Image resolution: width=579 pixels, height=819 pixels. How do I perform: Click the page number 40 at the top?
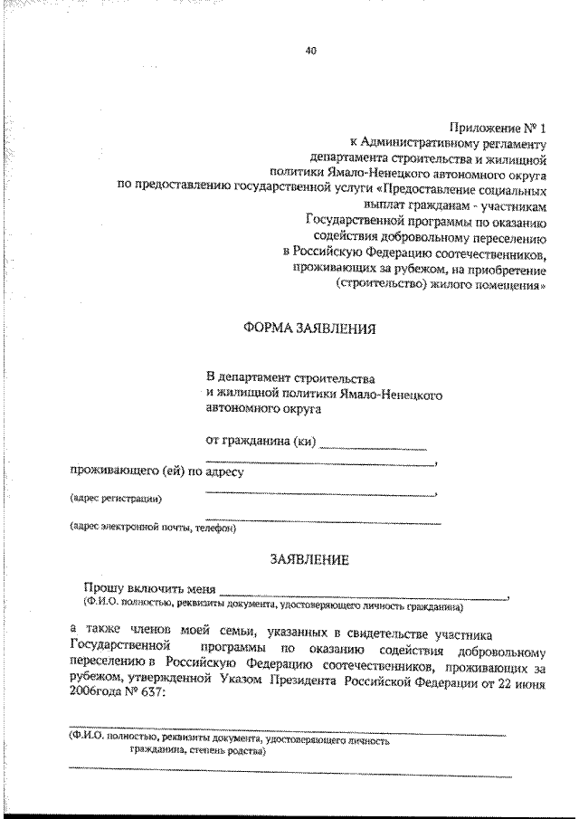click(310, 51)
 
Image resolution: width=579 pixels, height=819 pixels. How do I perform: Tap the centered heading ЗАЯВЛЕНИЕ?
click(310, 561)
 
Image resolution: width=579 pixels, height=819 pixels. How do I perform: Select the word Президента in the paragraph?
click(344, 683)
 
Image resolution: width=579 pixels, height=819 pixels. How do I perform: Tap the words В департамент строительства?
click(290, 376)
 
